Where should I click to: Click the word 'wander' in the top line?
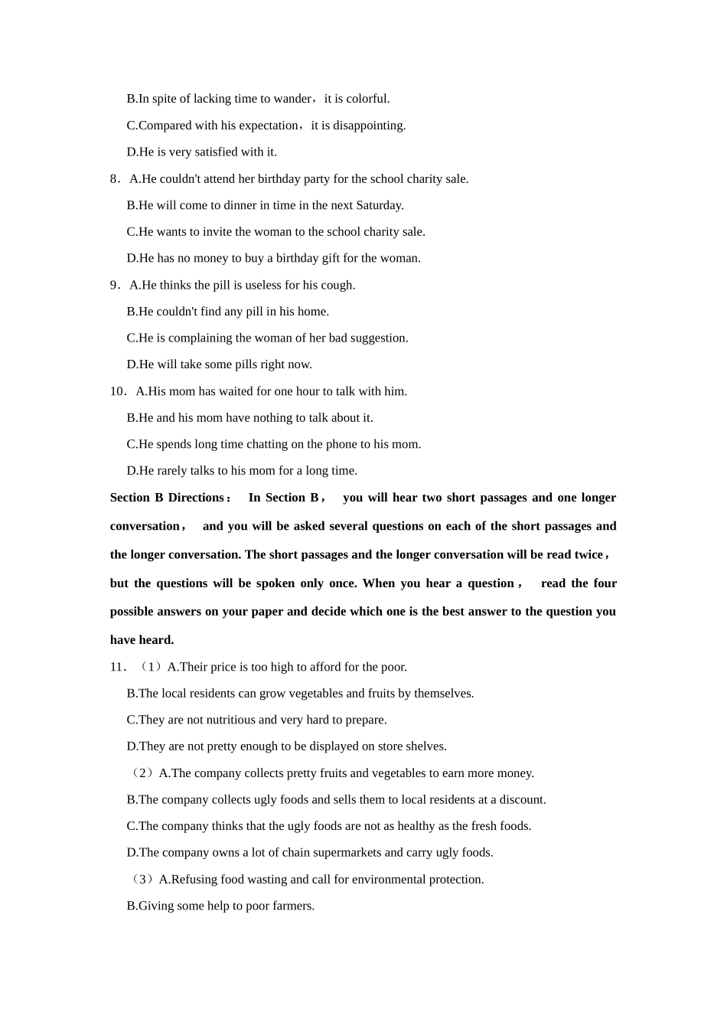point(293,99)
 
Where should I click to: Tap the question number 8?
point(114,179)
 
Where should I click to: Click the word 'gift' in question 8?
point(338,258)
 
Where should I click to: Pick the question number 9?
point(114,286)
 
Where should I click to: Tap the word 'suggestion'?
point(378,338)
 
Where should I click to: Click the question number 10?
point(117,391)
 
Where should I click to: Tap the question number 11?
point(117,667)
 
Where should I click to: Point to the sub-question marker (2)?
point(143,773)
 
